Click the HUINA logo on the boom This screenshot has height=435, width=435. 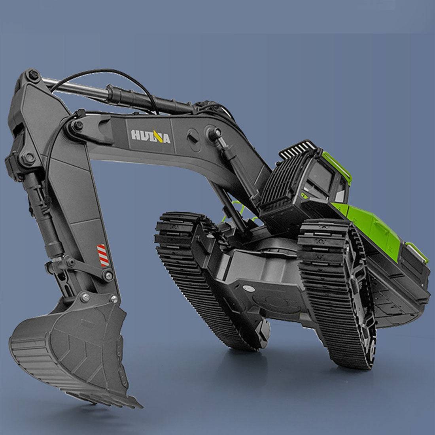click(x=151, y=136)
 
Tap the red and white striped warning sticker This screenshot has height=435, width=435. click(x=103, y=255)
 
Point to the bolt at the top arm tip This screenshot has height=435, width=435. click(x=33, y=74)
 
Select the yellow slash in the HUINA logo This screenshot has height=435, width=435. click(x=158, y=136)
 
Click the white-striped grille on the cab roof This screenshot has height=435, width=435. click(x=297, y=149)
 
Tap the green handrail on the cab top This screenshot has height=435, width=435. click(x=337, y=166)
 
